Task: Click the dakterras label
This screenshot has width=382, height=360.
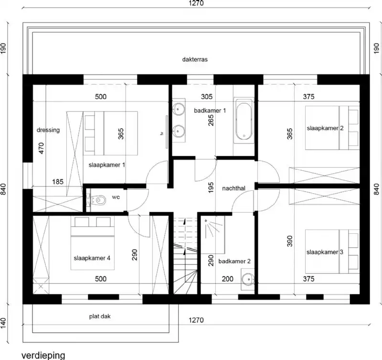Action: [194, 60]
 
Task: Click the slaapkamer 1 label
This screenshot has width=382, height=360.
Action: [106, 165]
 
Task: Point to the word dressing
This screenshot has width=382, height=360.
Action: [48, 130]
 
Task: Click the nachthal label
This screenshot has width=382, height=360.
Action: [233, 188]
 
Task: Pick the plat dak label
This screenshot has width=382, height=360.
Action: [100, 316]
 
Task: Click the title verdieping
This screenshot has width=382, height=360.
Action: [43, 355]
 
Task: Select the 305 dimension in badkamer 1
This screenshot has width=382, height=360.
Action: [206, 97]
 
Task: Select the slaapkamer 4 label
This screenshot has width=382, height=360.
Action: [92, 258]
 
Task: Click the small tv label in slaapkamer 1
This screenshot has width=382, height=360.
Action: [162, 133]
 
